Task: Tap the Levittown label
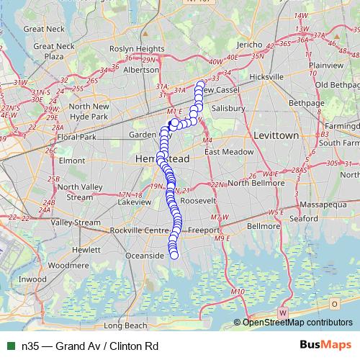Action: tap(276, 135)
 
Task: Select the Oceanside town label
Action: tap(145, 256)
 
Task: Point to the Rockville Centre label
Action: tap(139, 230)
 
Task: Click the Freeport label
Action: tap(202, 230)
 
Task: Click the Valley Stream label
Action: tap(76, 222)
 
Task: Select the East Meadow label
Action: tap(229, 153)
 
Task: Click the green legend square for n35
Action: tap(10, 346)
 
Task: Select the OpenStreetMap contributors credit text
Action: tap(297, 323)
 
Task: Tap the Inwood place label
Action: tap(32, 279)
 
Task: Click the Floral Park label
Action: tap(77, 137)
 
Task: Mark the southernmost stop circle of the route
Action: tap(174, 254)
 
